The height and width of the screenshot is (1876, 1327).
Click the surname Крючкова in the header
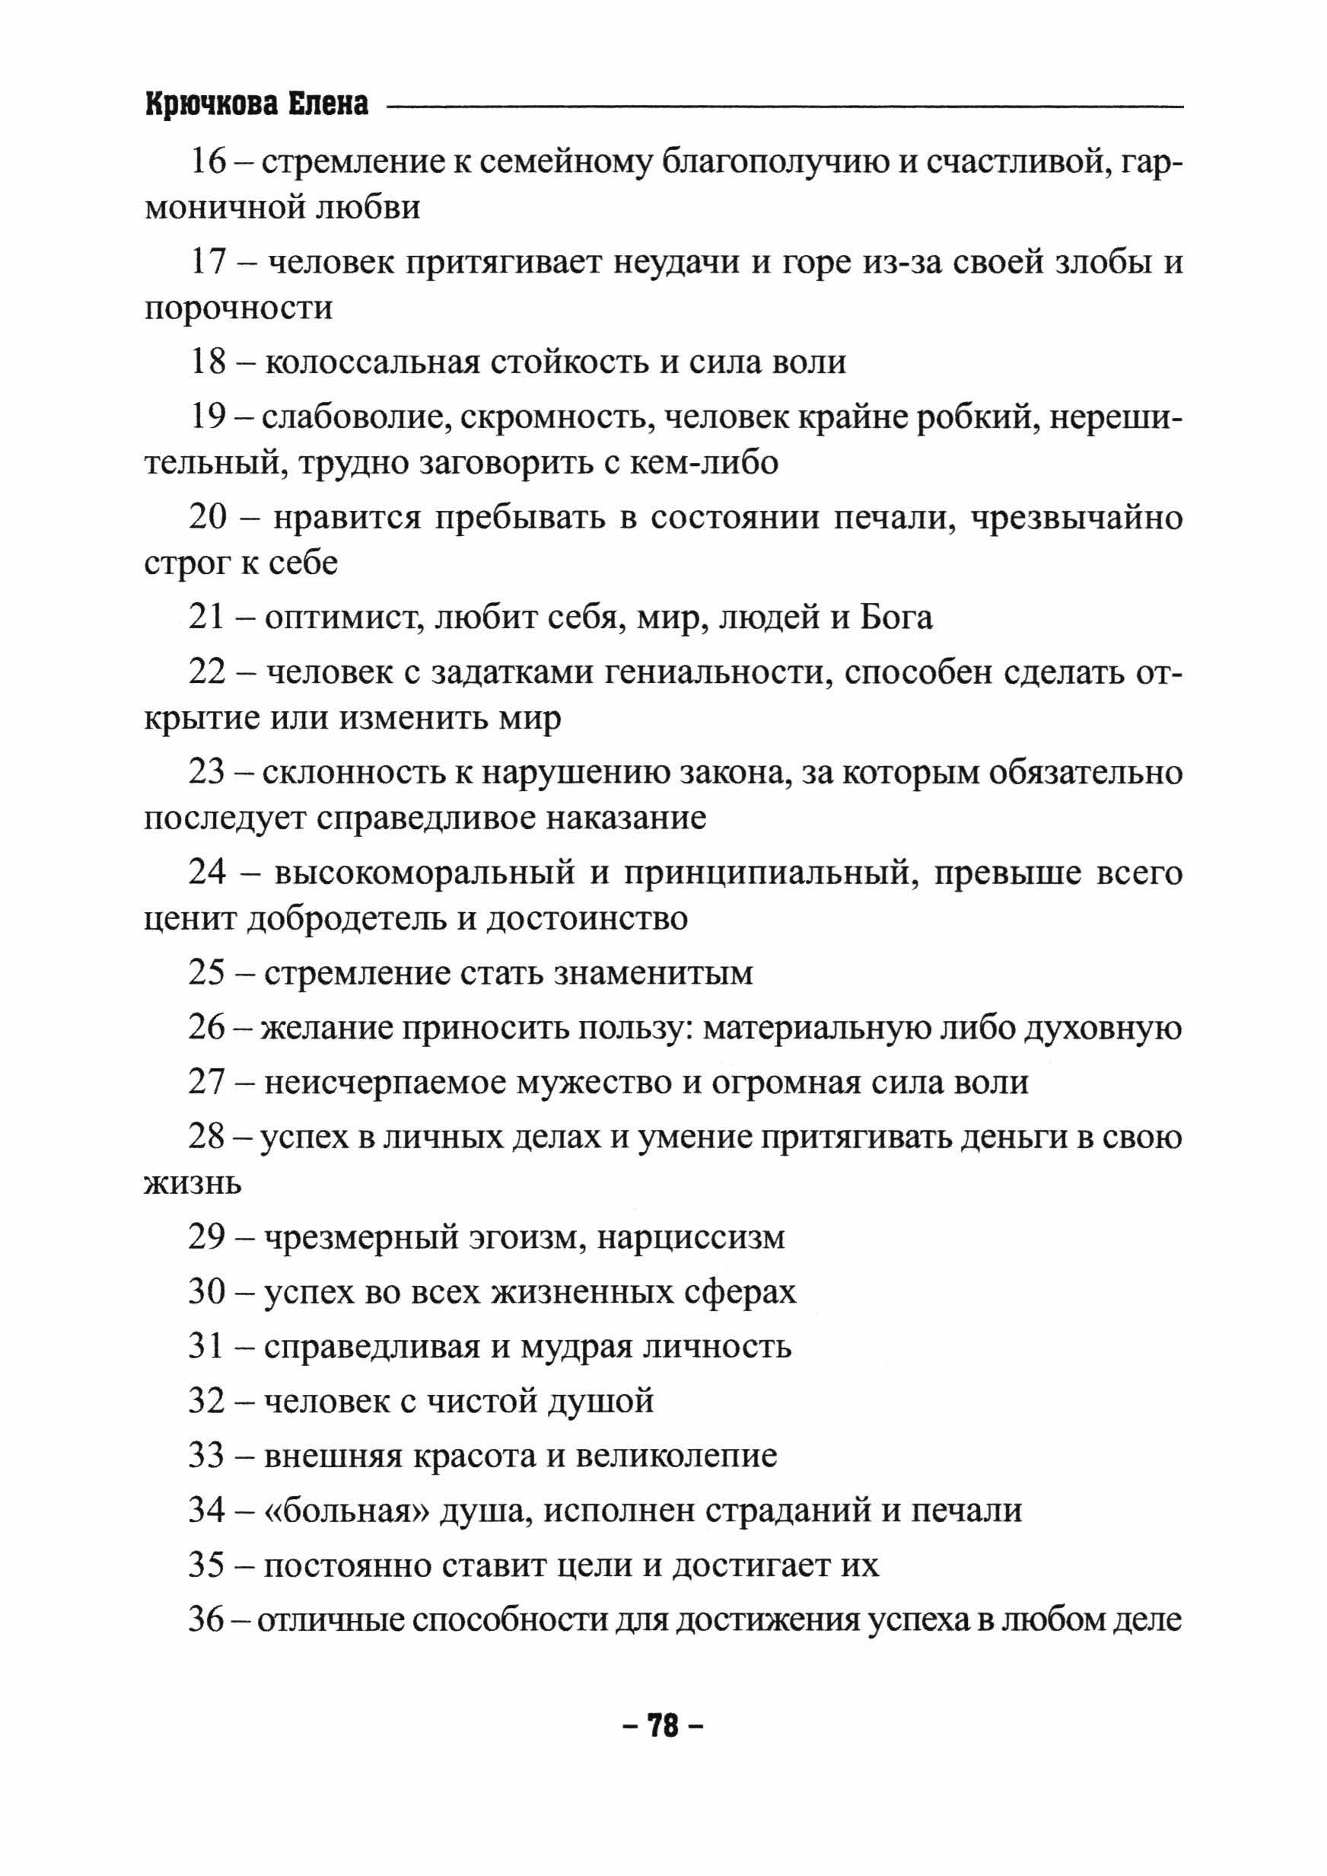209,104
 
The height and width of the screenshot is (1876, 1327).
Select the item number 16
208,162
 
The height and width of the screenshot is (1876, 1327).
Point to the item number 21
207,617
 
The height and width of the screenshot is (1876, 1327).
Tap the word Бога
896,617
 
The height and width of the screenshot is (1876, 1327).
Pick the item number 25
207,973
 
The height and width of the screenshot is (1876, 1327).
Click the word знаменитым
654,973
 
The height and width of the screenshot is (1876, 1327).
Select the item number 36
206,1619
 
